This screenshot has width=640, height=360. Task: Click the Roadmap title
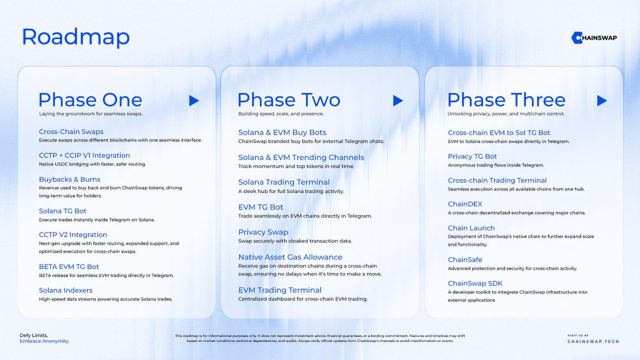(x=76, y=37)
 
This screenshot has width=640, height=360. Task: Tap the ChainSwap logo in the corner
(x=594, y=37)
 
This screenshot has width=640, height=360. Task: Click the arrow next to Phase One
(x=194, y=100)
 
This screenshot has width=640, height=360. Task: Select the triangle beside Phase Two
(x=397, y=100)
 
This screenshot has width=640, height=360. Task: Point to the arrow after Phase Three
(x=602, y=100)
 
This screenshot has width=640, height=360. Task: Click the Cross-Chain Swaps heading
(x=71, y=132)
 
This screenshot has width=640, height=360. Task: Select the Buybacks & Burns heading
(x=69, y=179)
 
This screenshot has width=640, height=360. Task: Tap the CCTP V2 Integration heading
(x=73, y=235)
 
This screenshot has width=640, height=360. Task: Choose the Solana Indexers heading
(x=66, y=290)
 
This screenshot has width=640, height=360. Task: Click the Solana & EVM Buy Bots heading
(x=282, y=132)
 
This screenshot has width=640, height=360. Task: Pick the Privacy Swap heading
(x=263, y=232)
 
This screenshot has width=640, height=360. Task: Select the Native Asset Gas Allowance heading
(x=291, y=257)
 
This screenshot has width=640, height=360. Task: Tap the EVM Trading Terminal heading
(x=280, y=290)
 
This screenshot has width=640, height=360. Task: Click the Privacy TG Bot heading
(x=472, y=156)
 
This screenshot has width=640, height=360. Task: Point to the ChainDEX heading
(x=465, y=204)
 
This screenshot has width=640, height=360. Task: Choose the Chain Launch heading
(x=471, y=228)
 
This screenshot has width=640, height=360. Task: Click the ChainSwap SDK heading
(x=475, y=283)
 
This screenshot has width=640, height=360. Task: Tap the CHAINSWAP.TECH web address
(x=593, y=341)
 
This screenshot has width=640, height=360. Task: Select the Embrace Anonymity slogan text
(x=44, y=341)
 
